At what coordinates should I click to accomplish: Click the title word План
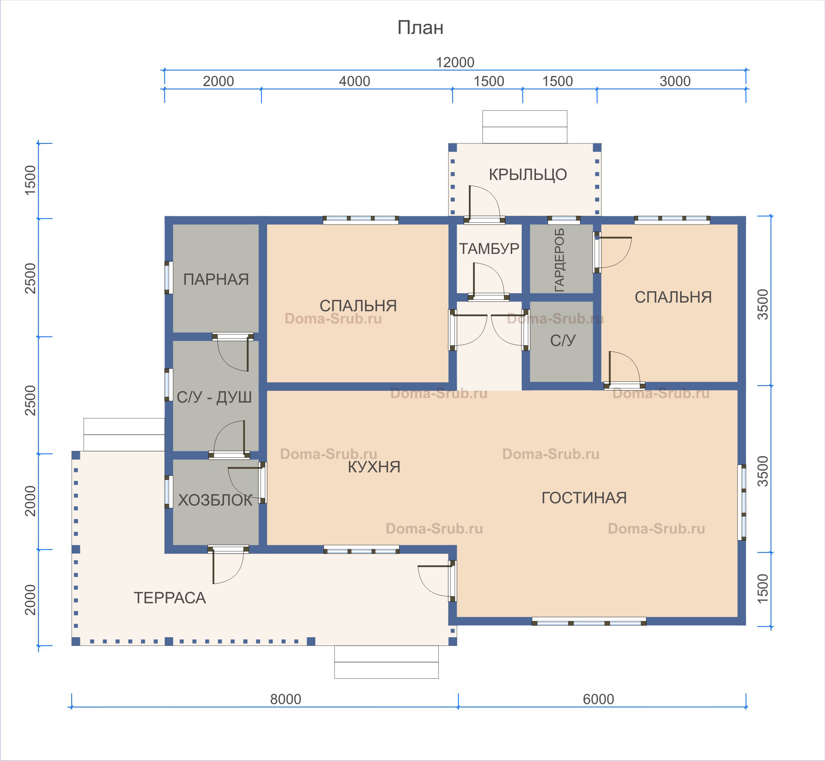pyautogui.click(x=420, y=28)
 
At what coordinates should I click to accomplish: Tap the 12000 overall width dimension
pyautogui.click(x=455, y=63)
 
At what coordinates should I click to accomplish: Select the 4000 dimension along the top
pyautogui.click(x=355, y=81)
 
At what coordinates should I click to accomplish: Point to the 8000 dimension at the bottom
pyautogui.click(x=286, y=699)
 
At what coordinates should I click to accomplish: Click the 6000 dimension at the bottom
pyautogui.click(x=599, y=699)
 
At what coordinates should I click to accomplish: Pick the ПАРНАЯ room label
pyautogui.click(x=216, y=280)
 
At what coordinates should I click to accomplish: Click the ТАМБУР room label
pyautogui.click(x=489, y=249)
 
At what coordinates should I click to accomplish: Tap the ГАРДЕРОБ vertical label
pyautogui.click(x=559, y=260)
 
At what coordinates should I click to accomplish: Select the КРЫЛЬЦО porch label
pyautogui.click(x=528, y=175)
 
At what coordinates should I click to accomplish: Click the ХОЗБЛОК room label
pyautogui.click(x=215, y=500)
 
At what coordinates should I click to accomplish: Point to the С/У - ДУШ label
pyautogui.click(x=214, y=397)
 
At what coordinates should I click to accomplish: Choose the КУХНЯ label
pyautogui.click(x=374, y=467)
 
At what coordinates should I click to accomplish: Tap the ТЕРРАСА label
pyautogui.click(x=170, y=598)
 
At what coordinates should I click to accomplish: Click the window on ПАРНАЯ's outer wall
pyautogui.click(x=168, y=278)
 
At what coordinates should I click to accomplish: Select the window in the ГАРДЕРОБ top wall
pyautogui.click(x=564, y=220)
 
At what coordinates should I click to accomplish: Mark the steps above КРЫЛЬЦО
pyautogui.click(x=525, y=127)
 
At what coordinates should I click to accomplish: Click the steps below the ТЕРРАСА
pyautogui.click(x=386, y=662)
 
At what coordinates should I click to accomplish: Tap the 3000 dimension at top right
pyautogui.click(x=675, y=81)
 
